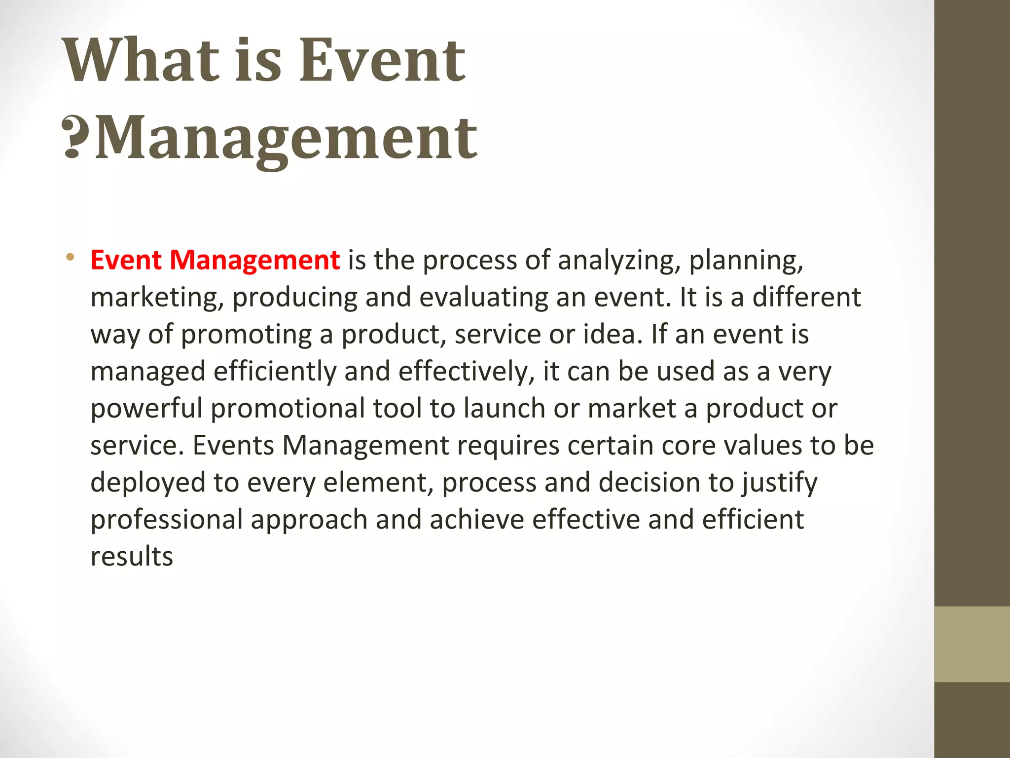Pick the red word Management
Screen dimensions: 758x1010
pyautogui.click(x=254, y=260)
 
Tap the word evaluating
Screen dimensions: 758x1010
pyautogui.click(x=483, y=298)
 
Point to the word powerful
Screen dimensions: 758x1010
pyautogui.click(x=146, y=409)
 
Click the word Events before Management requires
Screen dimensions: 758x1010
pyautogui.click(x=233, y=445)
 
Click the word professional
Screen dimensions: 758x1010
pyautogui.click(x=167, y=520)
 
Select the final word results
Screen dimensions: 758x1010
pyautogui.click(x=132, y=557)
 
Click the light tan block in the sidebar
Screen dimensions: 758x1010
pyautogui.click(x=972, y=644)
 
